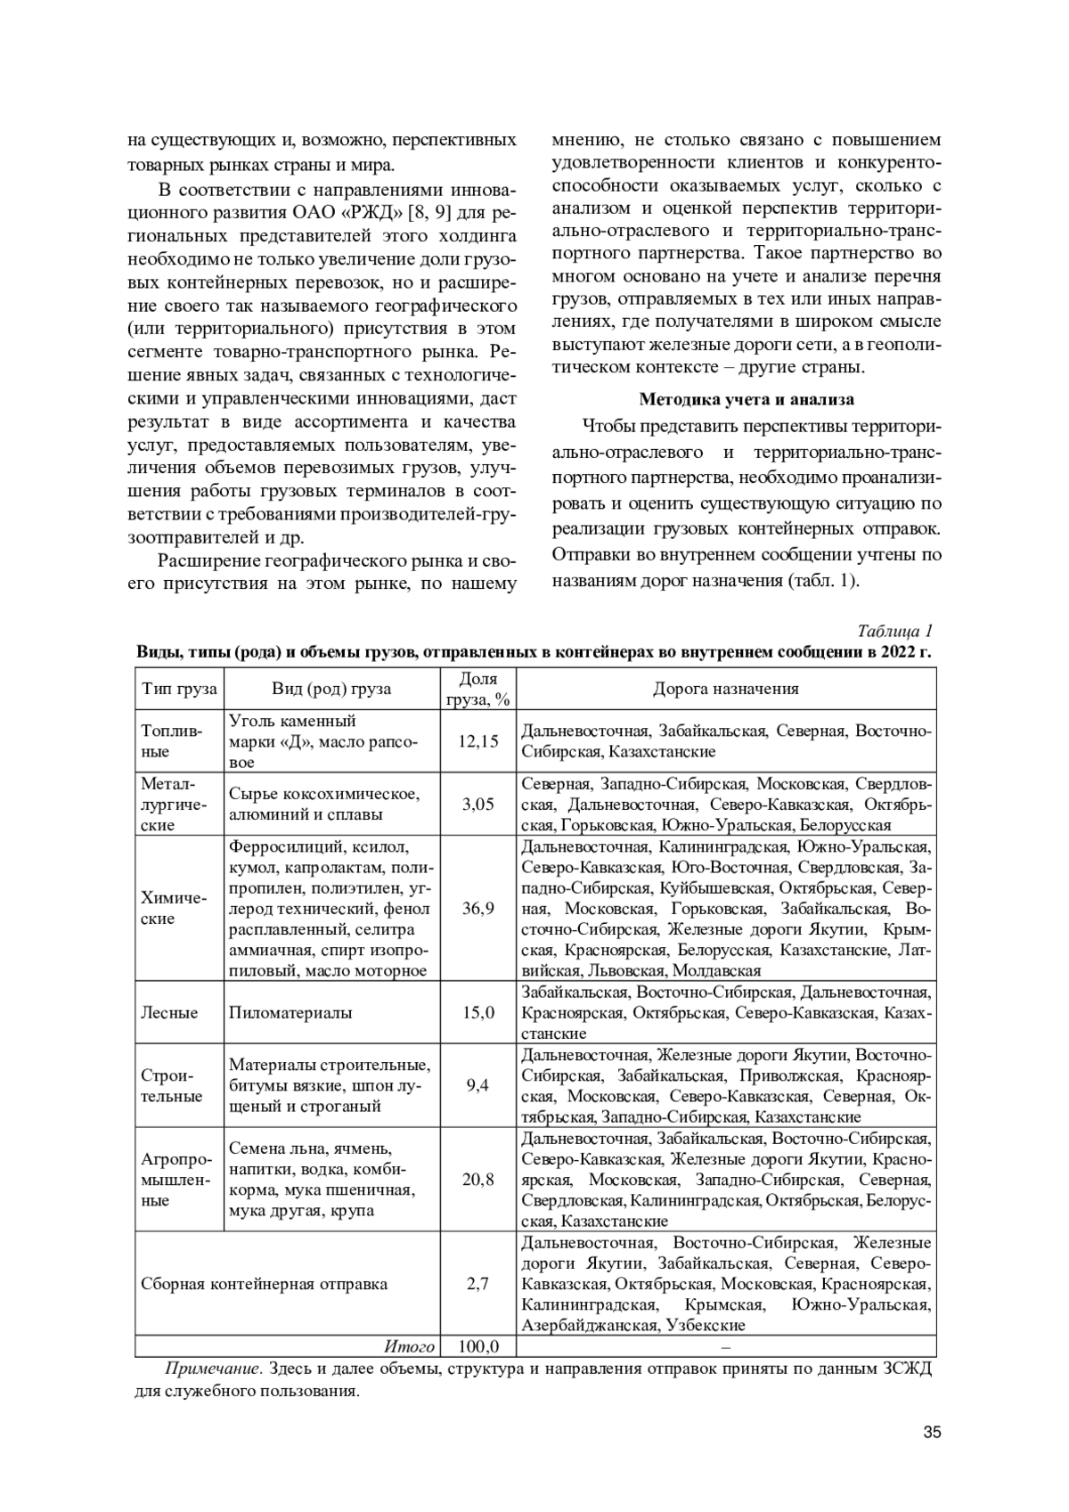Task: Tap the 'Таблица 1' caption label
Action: pyautogui.click(x=894, y=631)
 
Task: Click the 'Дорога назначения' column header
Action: pyautogui.click(x=726, y=689)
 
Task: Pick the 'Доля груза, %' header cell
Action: pyautogui.click(x=477, y=689)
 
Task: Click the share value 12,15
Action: pyautogui.click(x=477, y=740)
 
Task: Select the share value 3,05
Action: pyautogui.click(x=477, y=804)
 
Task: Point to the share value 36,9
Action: pyautogui.click(x=477, y=908)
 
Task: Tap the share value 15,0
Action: pyautogui.click(x=477, y=1012)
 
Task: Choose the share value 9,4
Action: pyautogui.click(x=477, y=1085)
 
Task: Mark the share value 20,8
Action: pyautogui.click(x=477, y=1180)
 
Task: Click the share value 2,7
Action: pyautogui.click(x=477, y=1284)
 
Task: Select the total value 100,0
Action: pyautogui.click(x=477, y=1346)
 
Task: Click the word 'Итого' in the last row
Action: pyautogui.click(x=409, y=1346)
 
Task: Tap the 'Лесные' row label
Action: pyautogui.click(x=169, y=1012)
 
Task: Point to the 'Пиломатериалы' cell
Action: pyautogui.click(x=290, y=1012)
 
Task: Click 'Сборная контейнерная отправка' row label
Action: pyautogui.click(x=265, y=1284)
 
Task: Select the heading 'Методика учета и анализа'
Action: pyautogui.click(x=746, y=399)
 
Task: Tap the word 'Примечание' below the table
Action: pyautogui.click(x=213, y=1369)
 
